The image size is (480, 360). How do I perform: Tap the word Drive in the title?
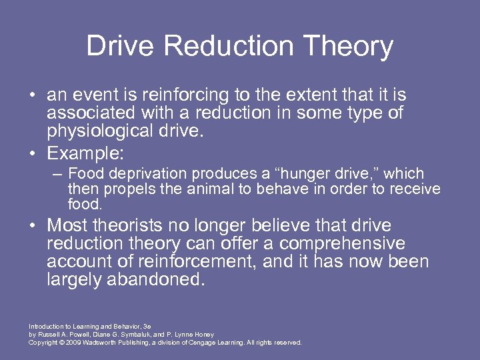(119, 47)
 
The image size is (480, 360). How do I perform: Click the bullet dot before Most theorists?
(33, 226)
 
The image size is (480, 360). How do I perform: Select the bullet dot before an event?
(33, 96)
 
